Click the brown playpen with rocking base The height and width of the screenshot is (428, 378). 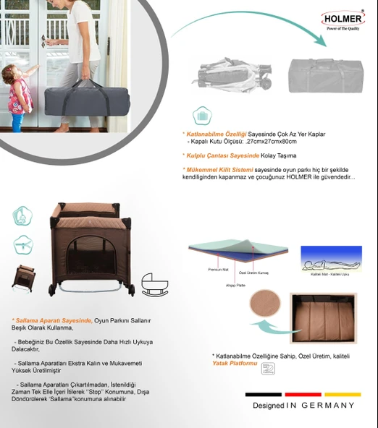click(x=92, y=249)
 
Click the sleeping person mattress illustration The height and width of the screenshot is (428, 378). click(x=331, y=258)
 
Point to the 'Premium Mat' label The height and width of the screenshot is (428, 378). click(x=218, y=268)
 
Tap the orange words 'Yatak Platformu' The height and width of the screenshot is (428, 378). click(x=235, y=364)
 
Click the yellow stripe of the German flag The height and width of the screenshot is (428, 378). click(x=343, y=394)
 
